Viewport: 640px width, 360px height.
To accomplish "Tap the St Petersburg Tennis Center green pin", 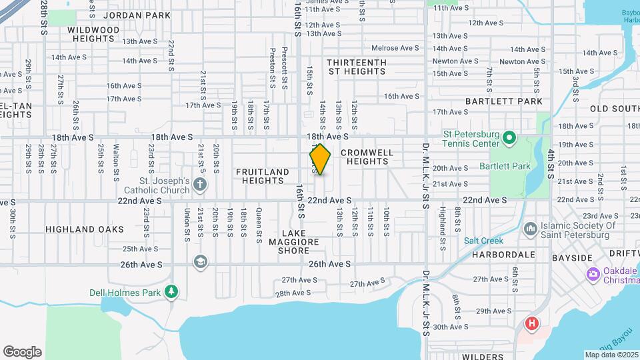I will [x=510, y=139].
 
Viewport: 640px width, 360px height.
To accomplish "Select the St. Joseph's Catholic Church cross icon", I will [x=200, y=183].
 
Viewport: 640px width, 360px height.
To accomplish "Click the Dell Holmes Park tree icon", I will [x=171, y=292].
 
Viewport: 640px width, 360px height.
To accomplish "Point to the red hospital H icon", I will [x=531, y=324].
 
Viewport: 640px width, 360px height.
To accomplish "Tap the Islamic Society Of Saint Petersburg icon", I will [x=531, y=229].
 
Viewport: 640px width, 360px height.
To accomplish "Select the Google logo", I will [x=22, y=352].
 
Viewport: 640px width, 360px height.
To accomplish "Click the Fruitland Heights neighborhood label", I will [x=263, y=176].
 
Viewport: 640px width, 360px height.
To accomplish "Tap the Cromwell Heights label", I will [x=368, y=157].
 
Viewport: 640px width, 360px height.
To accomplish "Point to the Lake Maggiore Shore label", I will [x=294, y=241].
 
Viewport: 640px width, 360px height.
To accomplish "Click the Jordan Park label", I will [x=116, y=14].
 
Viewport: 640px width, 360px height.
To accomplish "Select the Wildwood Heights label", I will [x=93, y=34].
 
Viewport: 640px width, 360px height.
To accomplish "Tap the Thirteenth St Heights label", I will [x=357, y=66].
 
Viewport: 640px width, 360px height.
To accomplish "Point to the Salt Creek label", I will [x=484, y=241].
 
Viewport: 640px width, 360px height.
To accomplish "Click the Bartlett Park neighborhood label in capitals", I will [x=504, y=101].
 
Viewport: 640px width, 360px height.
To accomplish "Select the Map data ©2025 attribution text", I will [x=611, y=355].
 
